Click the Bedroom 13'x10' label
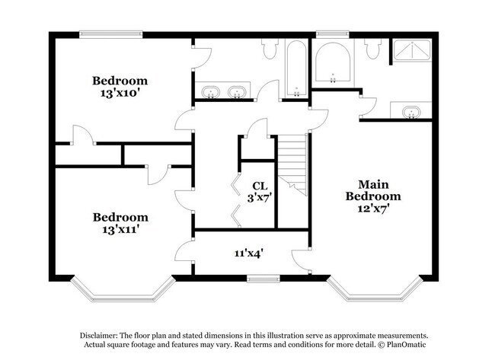click(120, 87)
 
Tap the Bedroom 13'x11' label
click(120, 222)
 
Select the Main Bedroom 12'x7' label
click(373, 196)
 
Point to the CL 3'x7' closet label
click(259, 192)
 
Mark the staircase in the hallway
click(292, 164)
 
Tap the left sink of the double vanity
click(211, 93)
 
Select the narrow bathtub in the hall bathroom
click(296, 69)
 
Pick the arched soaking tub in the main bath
click(333, 62)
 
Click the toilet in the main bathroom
click(372, 49)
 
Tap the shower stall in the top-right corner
click(412, 53)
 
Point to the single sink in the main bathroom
click(412, 112)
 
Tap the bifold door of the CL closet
click(236, 199)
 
